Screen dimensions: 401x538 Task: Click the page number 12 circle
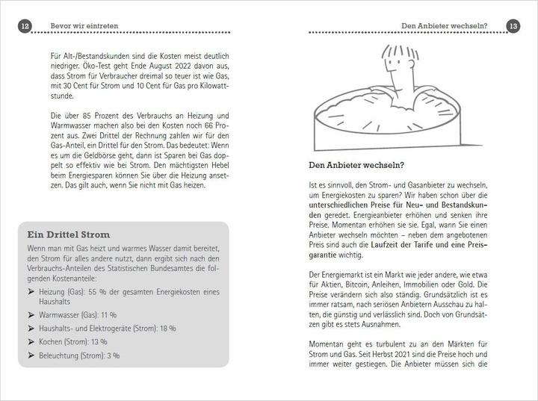coord(24,26)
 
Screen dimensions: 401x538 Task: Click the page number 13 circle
coord(513,26)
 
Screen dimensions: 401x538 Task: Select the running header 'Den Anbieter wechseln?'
coord(444,26)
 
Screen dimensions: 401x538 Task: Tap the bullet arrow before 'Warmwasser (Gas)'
coord(31,315)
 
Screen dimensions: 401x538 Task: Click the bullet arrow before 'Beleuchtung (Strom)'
coord(31,355)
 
